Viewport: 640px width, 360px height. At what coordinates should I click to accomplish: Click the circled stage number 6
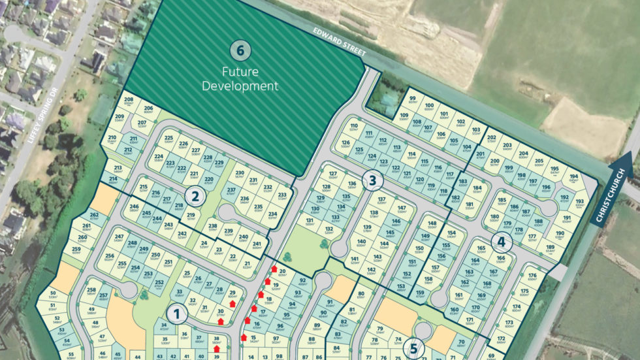coord(240,50)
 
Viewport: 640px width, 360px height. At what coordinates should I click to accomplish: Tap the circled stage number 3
coord(372,181)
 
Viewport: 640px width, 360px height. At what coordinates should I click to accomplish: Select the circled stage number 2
coord(193,195)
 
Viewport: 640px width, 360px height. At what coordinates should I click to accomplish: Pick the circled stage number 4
coord(501,242)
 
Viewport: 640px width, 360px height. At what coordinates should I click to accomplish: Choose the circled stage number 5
coord(413,346)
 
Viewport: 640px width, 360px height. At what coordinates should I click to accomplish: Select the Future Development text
coord(240,78)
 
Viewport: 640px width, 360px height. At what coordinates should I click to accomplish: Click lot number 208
coord(129,100)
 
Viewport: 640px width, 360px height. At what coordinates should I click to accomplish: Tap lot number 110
coord(354,126)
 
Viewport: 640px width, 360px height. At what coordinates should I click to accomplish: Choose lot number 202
coord(492,139)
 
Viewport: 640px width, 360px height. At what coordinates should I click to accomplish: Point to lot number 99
coord(413,99)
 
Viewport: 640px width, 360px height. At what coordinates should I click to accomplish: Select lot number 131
coord(310,221)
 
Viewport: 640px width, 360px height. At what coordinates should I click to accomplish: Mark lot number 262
coord(94,215)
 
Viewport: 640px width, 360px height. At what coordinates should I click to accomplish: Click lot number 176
coord(532,276)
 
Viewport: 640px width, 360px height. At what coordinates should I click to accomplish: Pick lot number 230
coord(240,173)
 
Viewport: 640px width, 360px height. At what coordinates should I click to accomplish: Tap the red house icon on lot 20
coord(274,269)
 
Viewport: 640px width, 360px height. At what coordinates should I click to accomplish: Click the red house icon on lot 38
coord(216,349)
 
